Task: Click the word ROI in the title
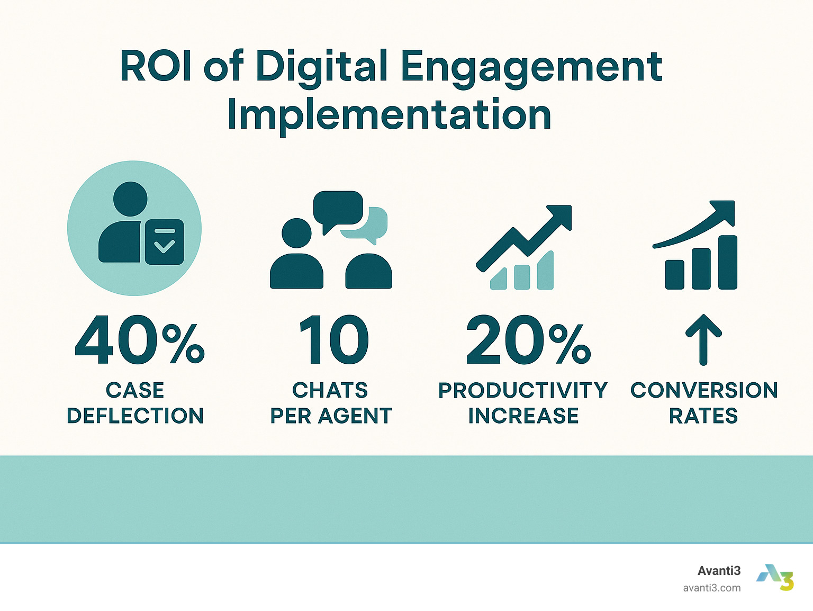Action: tap(156, 66)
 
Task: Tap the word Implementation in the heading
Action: tap(389, 115)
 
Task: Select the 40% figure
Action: tap(140, 340)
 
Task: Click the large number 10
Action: tap(334, 340)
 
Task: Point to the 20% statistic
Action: tap(528, 340)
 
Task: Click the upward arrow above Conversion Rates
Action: tap(703, 340)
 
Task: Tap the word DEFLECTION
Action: tap(135, 416)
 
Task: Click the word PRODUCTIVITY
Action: tap(523, 390)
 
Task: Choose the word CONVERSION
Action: tap(704, 390)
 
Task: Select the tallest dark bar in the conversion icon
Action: tap(728, 262)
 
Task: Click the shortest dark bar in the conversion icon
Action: tap(674, 275)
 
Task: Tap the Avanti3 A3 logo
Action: tap(775, 578)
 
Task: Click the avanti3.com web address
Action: tap(711, 588)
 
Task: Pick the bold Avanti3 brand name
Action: tap(719, 571)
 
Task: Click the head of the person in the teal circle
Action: tap(130, 199)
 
